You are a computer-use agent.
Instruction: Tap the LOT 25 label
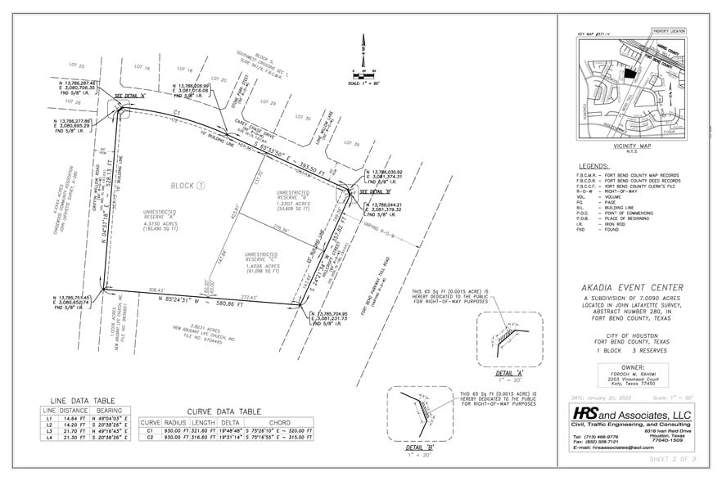point(77,64)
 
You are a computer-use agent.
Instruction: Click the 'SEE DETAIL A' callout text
point(129,97)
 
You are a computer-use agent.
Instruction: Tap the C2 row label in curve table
point(149,437)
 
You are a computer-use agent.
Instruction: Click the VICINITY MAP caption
point(630,145)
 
